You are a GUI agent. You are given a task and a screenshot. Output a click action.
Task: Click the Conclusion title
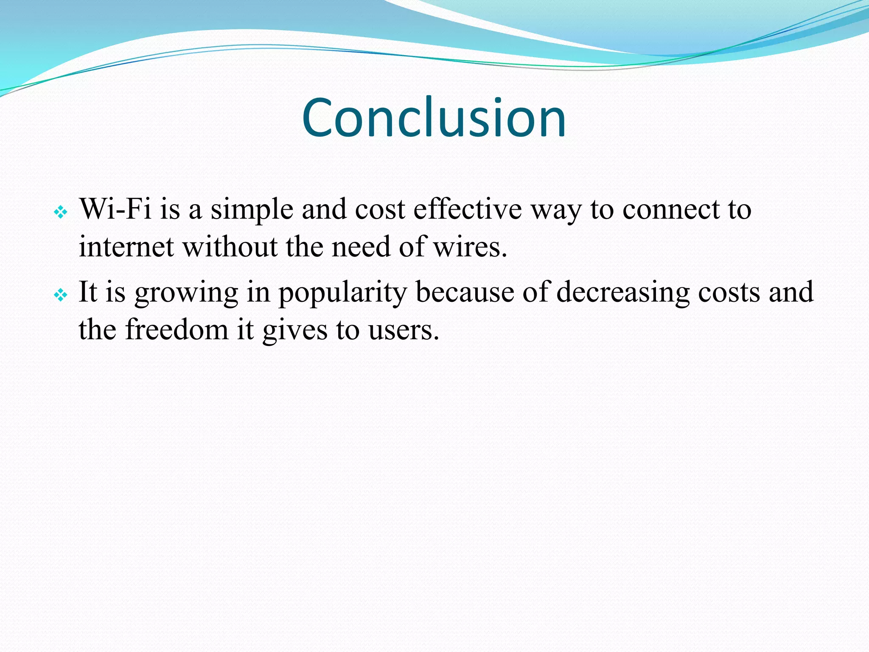coord(434,118)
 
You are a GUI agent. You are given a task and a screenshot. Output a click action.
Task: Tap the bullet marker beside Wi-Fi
coord(61,212)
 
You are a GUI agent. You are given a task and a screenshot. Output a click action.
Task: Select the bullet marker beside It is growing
coord(61,295)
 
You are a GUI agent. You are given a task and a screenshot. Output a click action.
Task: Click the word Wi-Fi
coord(115,209)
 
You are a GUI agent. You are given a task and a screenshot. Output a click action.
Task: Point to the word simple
coord(252,210)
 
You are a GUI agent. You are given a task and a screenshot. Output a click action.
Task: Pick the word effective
coord(467,209)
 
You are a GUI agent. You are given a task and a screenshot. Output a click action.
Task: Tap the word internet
coord(126,247)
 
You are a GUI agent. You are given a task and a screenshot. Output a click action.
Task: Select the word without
coord(230,247)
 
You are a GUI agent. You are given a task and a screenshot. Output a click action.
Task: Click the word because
coord(465,292)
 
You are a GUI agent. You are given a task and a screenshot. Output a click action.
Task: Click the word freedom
coord(177,330)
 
